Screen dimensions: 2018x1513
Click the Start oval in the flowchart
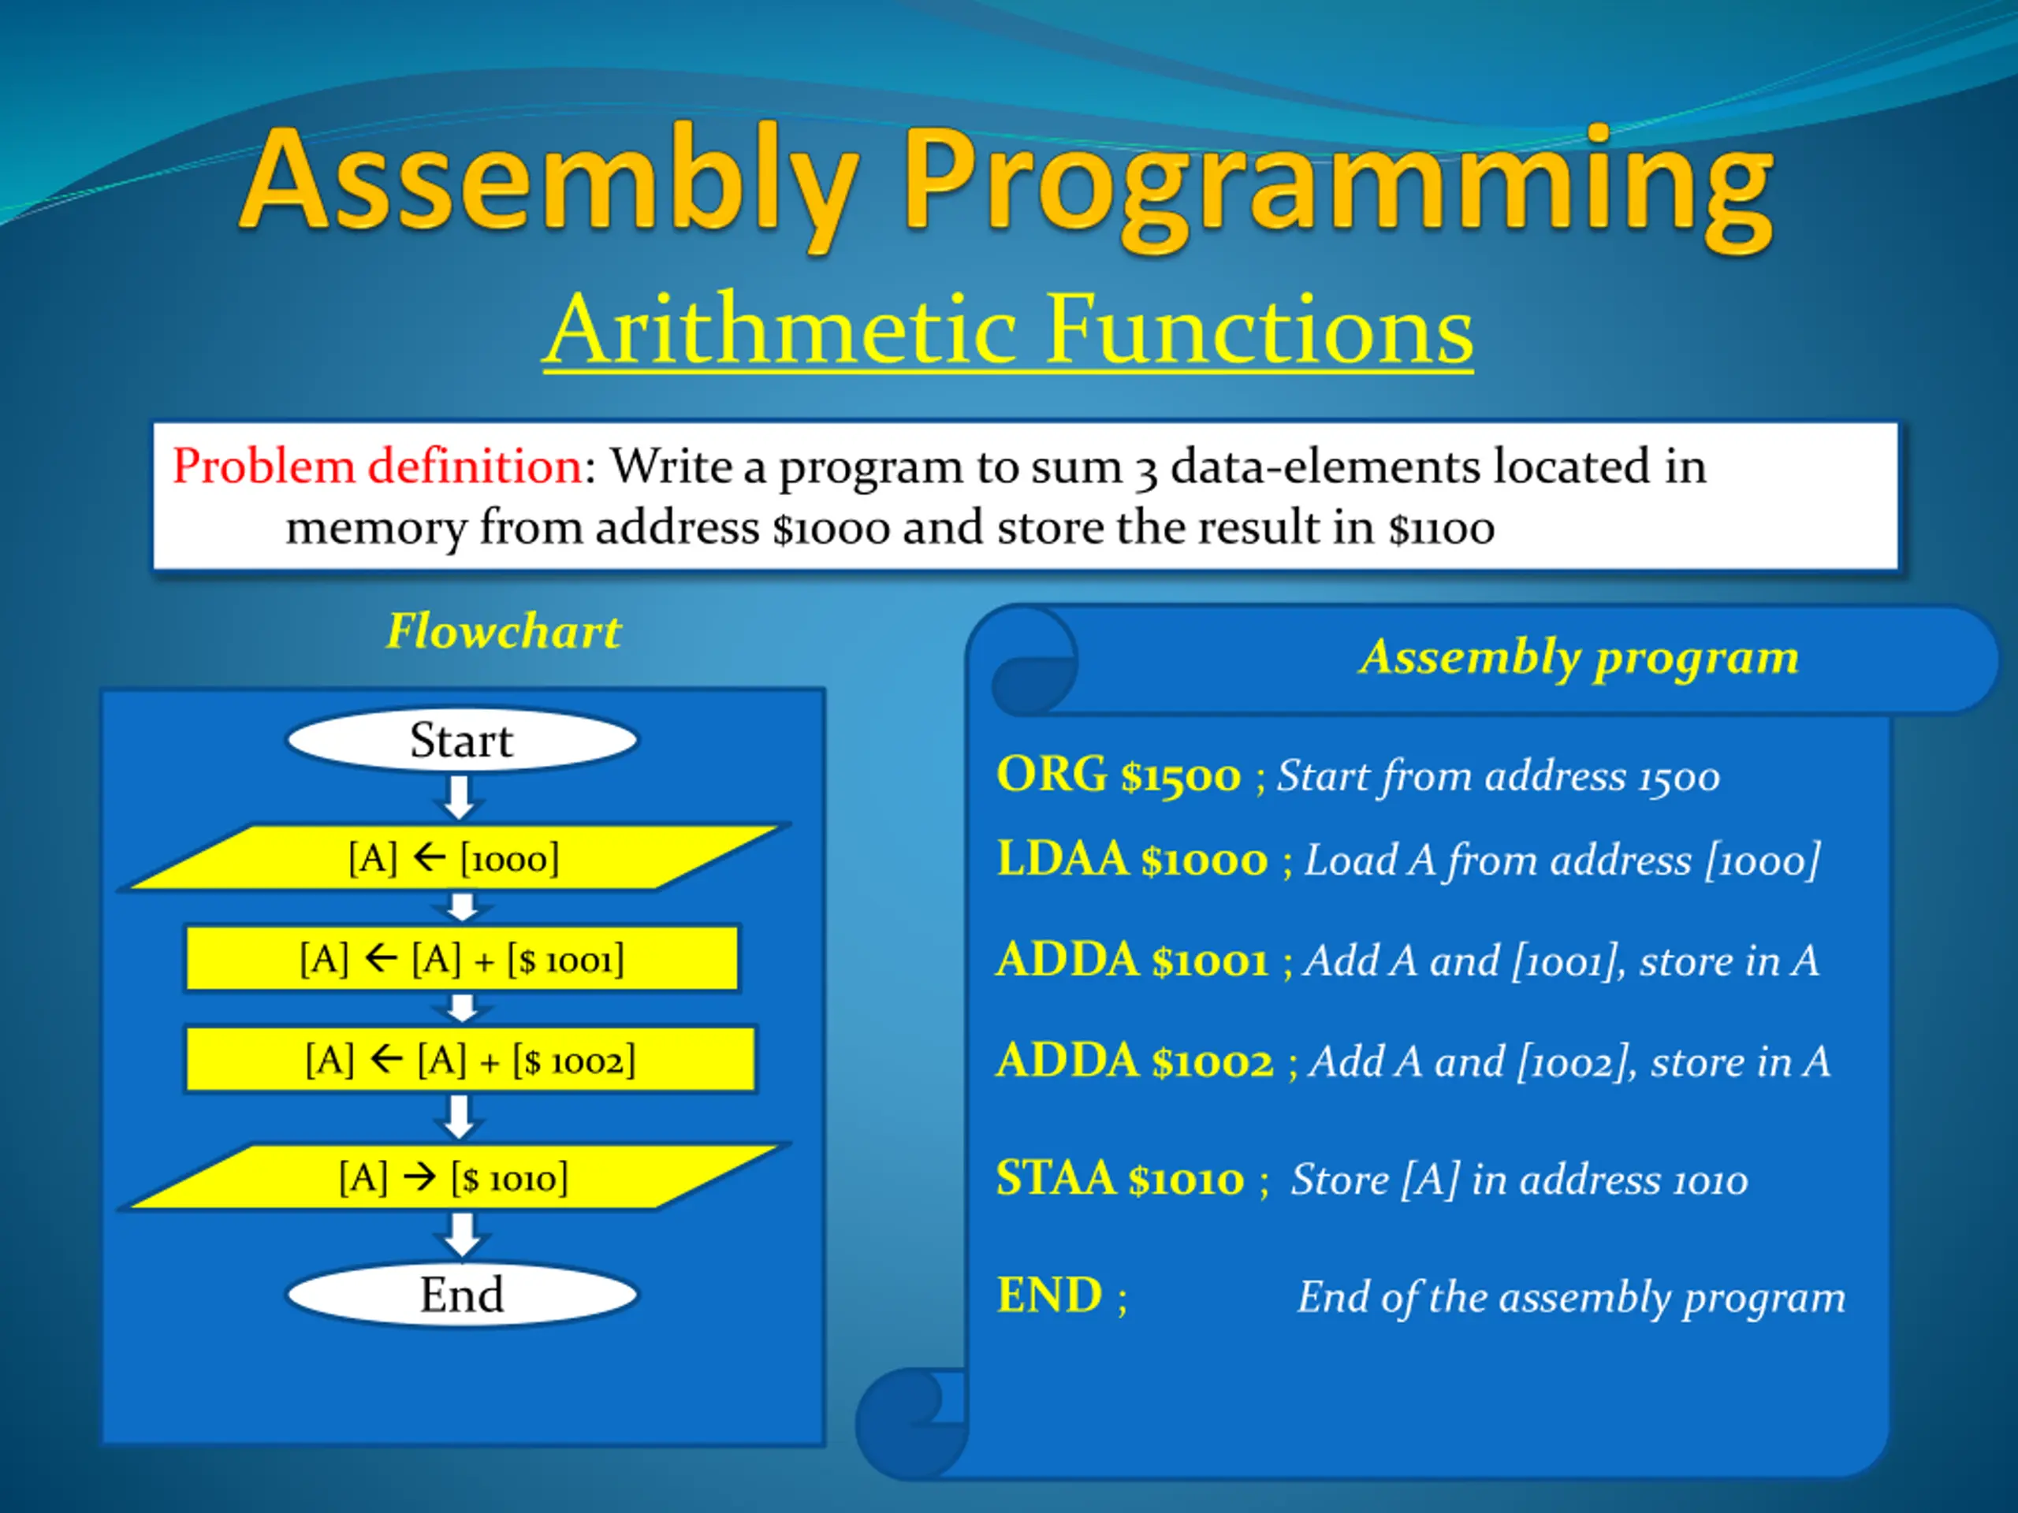[462, 740]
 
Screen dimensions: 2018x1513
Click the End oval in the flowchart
[462, 1294]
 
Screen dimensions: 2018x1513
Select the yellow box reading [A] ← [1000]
[453, 857]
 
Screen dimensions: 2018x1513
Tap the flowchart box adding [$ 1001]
[463, 958]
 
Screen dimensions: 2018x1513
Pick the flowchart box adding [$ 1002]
[471, 1060]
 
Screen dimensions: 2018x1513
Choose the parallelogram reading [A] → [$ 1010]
[453, 1177]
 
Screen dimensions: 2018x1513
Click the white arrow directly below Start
[460, 798]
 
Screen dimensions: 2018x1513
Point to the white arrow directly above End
[462, 1236]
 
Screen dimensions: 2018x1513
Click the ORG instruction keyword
[1052, 775]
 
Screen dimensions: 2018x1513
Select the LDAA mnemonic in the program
[1062, 859]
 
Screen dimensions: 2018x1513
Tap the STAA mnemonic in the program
[1056, 1178]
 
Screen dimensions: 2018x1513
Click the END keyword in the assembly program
[1049, 1295]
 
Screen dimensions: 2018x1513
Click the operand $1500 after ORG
[1181, 777]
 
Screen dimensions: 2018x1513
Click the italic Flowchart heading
[504, 631]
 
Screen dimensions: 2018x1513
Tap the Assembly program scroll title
[1579, 657]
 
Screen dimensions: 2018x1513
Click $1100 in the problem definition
[1442, 529]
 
